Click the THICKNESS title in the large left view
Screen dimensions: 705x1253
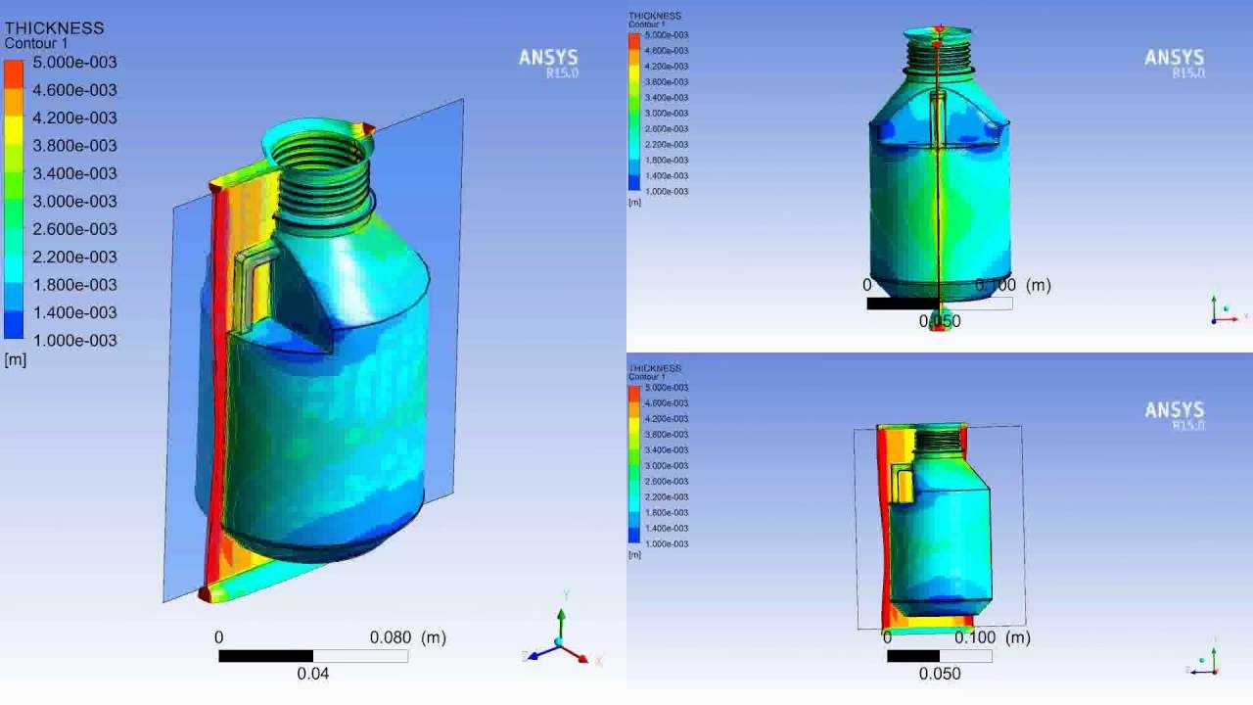click(54, 28)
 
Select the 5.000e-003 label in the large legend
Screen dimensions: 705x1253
click(74, 63)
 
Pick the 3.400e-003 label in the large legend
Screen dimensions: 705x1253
click(74, 173)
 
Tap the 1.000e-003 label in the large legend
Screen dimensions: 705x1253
click(74, 341)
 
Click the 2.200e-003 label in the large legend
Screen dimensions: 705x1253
click(74, 257)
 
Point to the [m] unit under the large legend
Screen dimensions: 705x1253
click(15, 360)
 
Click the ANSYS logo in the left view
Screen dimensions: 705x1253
click(548, 60)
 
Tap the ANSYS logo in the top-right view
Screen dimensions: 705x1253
click(1174, 60)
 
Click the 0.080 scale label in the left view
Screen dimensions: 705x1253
click(391, 637)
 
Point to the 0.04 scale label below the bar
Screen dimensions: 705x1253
click(313, 674)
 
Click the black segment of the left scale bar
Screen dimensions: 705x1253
click(265, 656)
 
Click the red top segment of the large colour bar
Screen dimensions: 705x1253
click(14, 75)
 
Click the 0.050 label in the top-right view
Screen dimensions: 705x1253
click(940, 321)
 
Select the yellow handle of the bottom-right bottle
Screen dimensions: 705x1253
click(904, 484)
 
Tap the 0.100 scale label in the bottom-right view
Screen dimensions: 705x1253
click(974, 637)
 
